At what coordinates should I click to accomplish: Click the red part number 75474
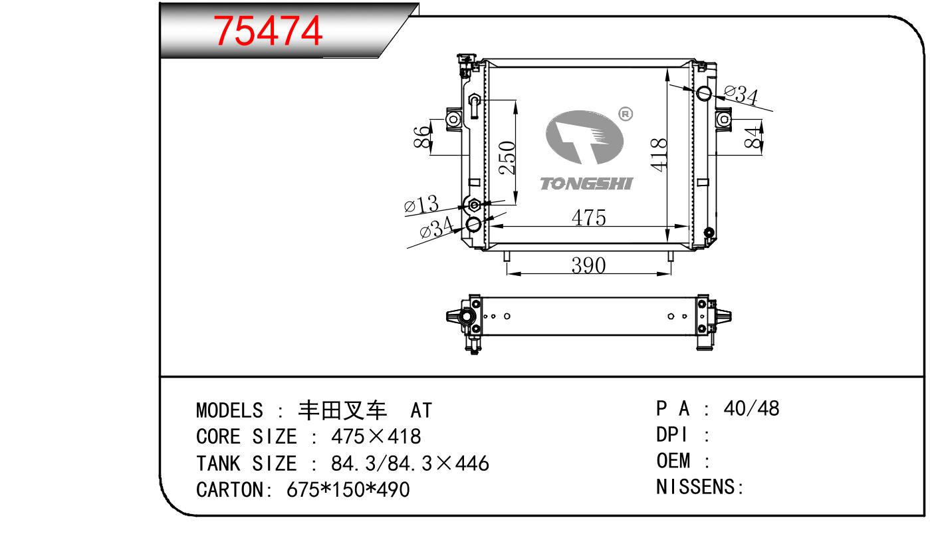point(268,31)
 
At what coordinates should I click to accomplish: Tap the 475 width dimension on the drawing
point(588,217)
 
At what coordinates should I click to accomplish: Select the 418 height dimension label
point(659,154)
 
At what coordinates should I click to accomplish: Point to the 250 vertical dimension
point(507,158)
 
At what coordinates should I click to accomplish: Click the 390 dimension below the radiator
point(588,265)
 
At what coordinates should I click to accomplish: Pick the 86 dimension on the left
point(421,136)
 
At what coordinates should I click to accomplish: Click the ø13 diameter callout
point(421,204)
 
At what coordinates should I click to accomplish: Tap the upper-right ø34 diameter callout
point(741,94)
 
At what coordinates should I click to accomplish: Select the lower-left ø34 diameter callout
point(437,227)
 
